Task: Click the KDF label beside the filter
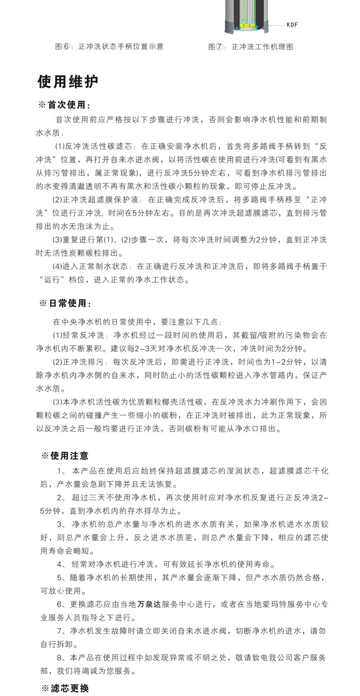pyautogui.click(x=292, y=24)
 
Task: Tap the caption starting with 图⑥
pyautogui.click(x=109, y=47)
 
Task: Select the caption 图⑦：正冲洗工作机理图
pyautogui.click(x=250, y=47)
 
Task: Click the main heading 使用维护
pyautogui.click(x=68, y=82)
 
